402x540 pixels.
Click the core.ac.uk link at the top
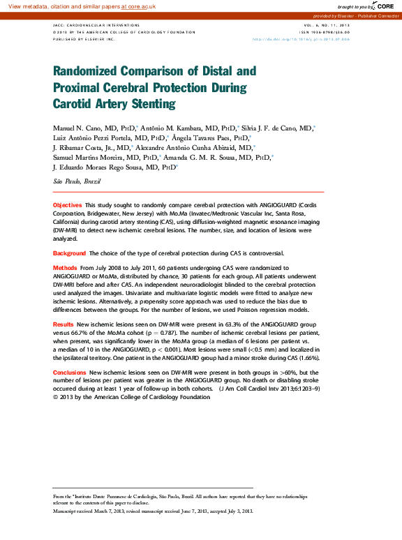click(139, 6)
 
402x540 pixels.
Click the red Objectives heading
click(68, 204)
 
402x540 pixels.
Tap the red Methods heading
click(65, 268)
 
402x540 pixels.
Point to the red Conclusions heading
click(70, 373)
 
